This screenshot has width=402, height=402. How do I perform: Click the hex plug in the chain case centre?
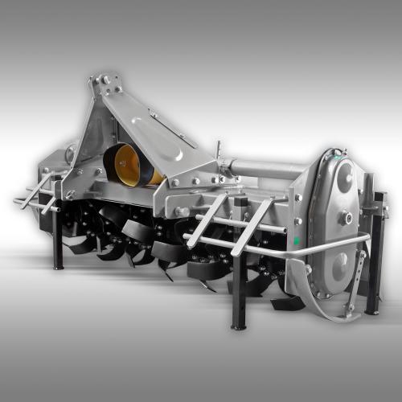coord(344,217)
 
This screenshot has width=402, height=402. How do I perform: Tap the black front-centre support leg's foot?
coord(238,325)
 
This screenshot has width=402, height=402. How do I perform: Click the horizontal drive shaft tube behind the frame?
coord(265,170)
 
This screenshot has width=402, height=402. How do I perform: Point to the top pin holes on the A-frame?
coord(105,80)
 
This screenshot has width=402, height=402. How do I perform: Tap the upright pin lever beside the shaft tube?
coord(218,151)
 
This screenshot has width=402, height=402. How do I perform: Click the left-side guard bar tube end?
coord(18,201)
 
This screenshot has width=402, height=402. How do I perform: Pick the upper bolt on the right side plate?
coord(298,197)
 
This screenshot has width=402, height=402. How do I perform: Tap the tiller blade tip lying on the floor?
coord(289,304)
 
